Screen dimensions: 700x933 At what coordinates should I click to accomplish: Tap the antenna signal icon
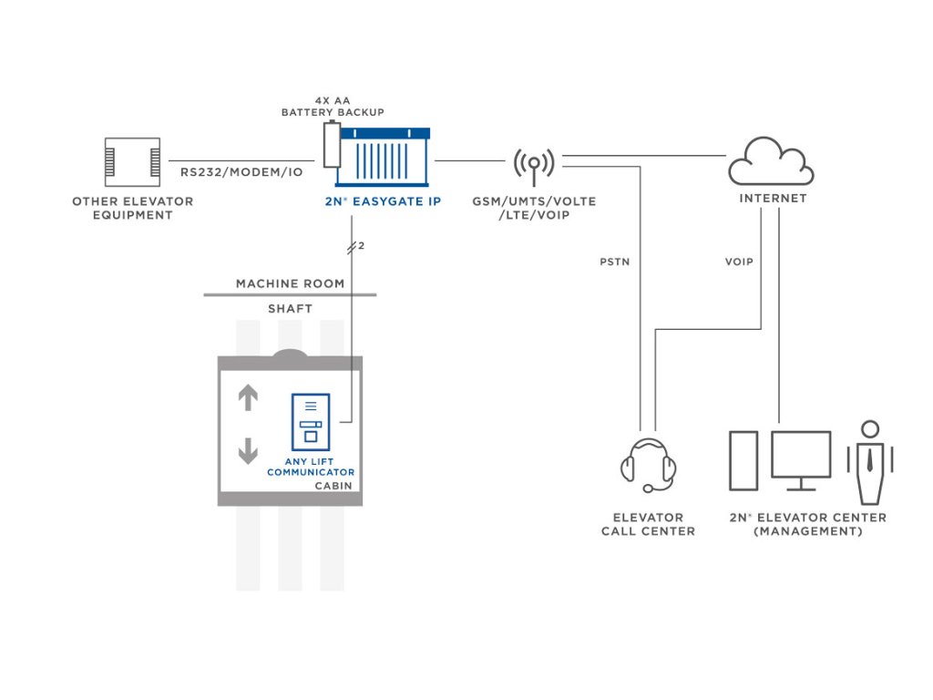pyautogui.click(x=533, y=163)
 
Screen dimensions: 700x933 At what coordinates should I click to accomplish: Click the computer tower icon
pyautogui.click(x=743, y=459)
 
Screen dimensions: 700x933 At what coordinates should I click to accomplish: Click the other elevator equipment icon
pyautogui.click(x=132, y=162)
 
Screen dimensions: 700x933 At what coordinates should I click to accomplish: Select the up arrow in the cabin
pyautogui.click(x=248, y=397)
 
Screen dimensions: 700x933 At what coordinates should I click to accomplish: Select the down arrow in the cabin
pyautogui.click(x=248, y=450)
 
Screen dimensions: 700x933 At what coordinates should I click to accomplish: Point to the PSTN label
pyautogui.click(x=614, y=262)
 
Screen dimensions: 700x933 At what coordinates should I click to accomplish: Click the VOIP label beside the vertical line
pyautogui.click(x=739, y=262)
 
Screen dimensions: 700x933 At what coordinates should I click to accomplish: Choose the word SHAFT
pyautogui.click(x=290, y=309)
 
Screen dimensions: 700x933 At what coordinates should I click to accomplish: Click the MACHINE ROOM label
pyautogui.click(x=290, y=283)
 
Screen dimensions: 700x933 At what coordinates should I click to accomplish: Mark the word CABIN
pyautogui.click(x=333, y=486)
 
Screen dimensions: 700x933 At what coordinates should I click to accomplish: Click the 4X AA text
pyautogui.click(x=333, y=98)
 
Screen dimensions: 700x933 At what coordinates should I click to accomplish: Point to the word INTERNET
pyautogui.click(x=773, y=198)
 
